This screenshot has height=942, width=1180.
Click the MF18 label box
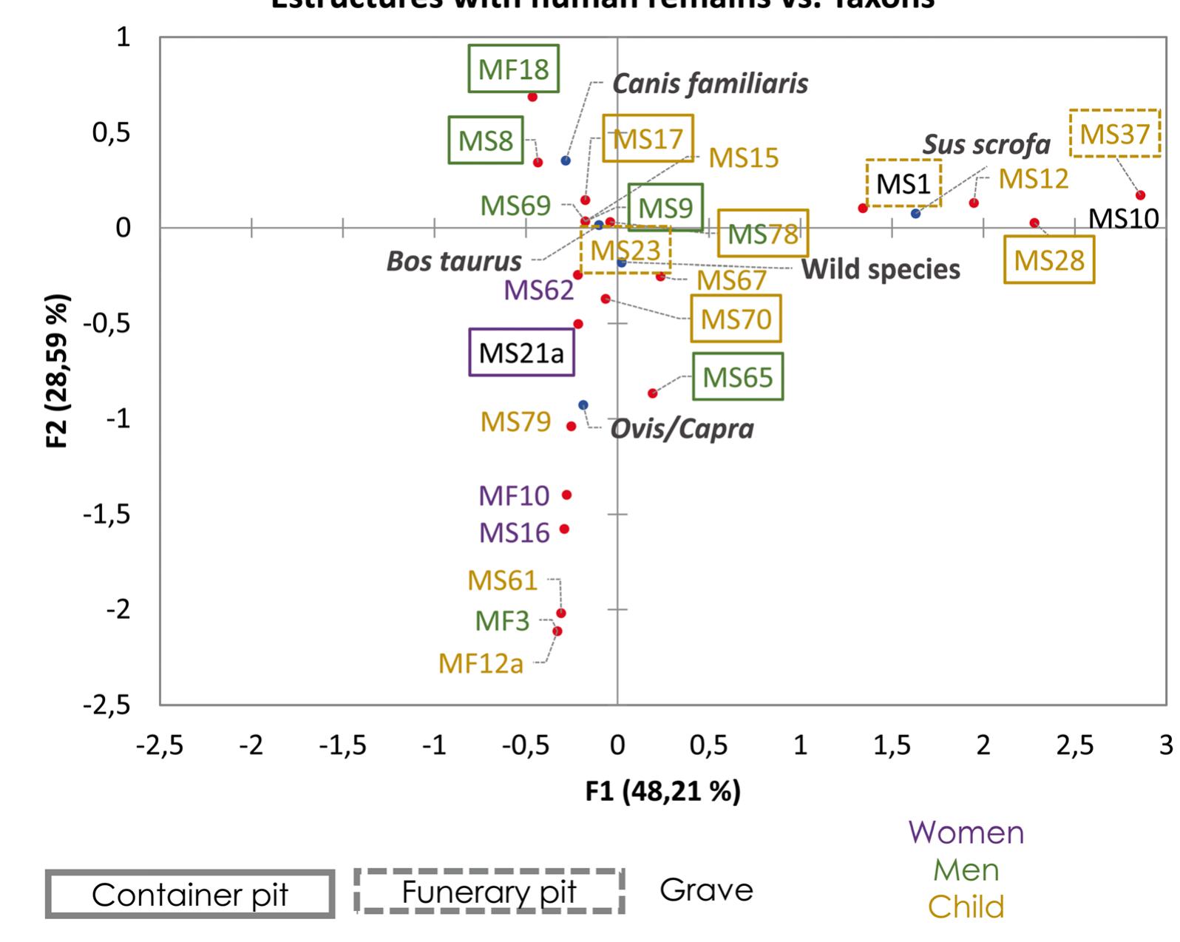click(513, 69)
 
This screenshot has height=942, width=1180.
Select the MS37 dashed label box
click(1115, 134)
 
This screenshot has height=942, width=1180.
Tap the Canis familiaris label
click(710, 84)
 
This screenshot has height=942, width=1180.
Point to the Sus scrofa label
click(986, 144)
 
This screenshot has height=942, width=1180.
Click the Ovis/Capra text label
click(682, 429)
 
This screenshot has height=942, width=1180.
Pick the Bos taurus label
click(454, 261)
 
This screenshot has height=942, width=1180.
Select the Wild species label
click(881, 269)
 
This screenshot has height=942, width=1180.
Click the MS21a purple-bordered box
click(521, 353)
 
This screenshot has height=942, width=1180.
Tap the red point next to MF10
click(567, 495)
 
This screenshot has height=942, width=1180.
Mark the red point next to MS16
click(565, 529)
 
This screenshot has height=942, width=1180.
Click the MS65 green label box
click(737, 377)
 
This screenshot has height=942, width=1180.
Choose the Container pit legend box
click(190, 895)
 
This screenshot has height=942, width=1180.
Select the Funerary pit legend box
click(489, 892)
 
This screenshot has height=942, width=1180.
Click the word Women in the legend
click(966, 833)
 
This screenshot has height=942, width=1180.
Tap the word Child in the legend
click(966, 907)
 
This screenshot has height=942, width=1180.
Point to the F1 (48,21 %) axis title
click(662, 792)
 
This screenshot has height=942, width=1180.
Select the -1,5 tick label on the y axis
click(106, 514)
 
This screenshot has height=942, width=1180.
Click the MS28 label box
click(1048, 260)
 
